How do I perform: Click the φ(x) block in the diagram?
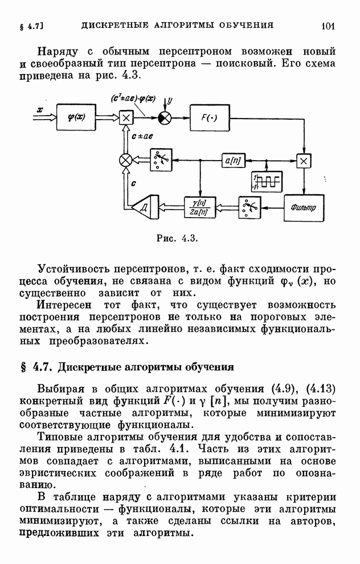pyautogui.click(x=76, y=117)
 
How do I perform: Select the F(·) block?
pyautogui.click(x=210, y=117)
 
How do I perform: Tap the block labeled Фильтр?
pyautogui.click(x=304, y=208)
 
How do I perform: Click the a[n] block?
pyautogui.click(x=233, y=161)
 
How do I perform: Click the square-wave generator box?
pyautogui.click(x=267, y=182)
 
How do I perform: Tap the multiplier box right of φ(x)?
pyautogui.click(x=126, y=117)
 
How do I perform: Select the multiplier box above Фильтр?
pyautogui.click(x=304, y=161)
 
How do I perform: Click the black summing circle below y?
pyautogui.click(x=165, y=117)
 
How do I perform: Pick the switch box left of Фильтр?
pyautogui.click(x=249, y=207)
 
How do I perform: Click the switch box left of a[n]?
pyautogui.click(x=161, y=160)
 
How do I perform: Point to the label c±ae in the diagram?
pyautogui.click(x=142, y=136)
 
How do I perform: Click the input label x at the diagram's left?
pyautogui.click(x=39, y=109)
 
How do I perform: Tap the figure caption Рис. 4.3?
pyautogui.click(x=177, y=238)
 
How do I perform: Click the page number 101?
pyautogui.click(x=328, y=26)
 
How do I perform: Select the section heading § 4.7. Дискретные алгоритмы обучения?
pyautogui.click(x=128, y=367)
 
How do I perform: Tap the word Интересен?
pyautogui.click(x=64, y=305)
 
